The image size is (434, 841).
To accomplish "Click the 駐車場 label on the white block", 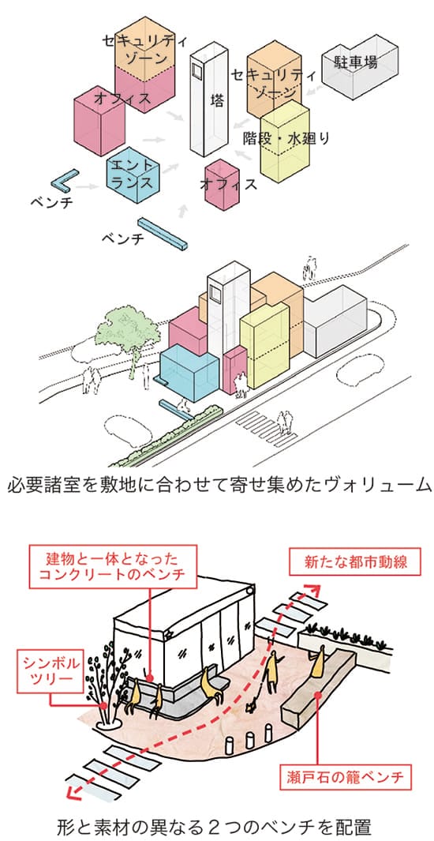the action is [x=357, y=62].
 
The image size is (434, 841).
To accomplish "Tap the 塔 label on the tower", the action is [x=217, y=100].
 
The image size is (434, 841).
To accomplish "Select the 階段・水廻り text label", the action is [x=286, y=138].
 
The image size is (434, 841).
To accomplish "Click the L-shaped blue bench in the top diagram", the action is [x=64, y=182].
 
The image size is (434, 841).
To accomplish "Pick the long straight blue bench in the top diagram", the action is [x=163, y=234].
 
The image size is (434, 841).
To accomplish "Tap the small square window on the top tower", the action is [x=197, y=71].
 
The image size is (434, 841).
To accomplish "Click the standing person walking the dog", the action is [x=273, y=672].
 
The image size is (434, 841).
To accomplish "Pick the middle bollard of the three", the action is [x=249, y=738].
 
